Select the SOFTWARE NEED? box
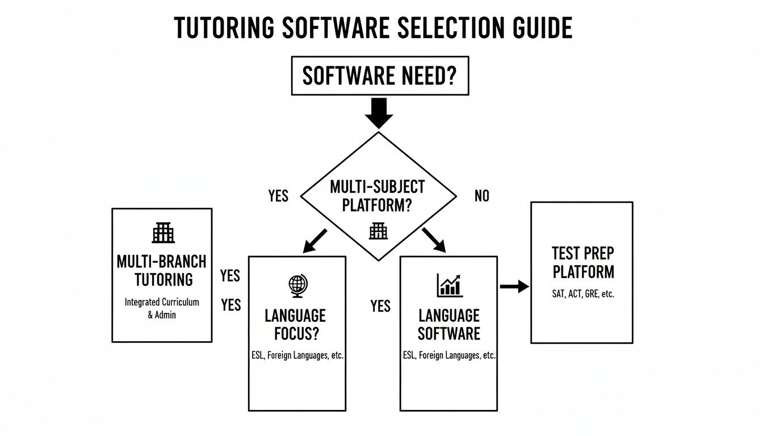(x=380, y=76)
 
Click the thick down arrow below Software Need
(x=379, y=113)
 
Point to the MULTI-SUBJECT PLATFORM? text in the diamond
(x=378, y=196)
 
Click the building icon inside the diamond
(x=378, y=230)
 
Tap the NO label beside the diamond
(x=481, y=196)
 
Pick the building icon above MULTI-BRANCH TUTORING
(x=163, y=233)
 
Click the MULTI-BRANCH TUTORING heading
(x=162, y=270)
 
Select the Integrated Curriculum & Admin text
(x=162, y=308)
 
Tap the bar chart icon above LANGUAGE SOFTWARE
(x=449, y=286)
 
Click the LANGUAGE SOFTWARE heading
(x=448, y=324)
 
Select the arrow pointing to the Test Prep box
(x=514, y=287)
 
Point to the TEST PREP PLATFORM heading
(x=583, y=262)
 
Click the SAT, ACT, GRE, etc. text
(x=583, y=295)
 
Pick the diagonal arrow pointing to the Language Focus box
(x=315, y=241)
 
